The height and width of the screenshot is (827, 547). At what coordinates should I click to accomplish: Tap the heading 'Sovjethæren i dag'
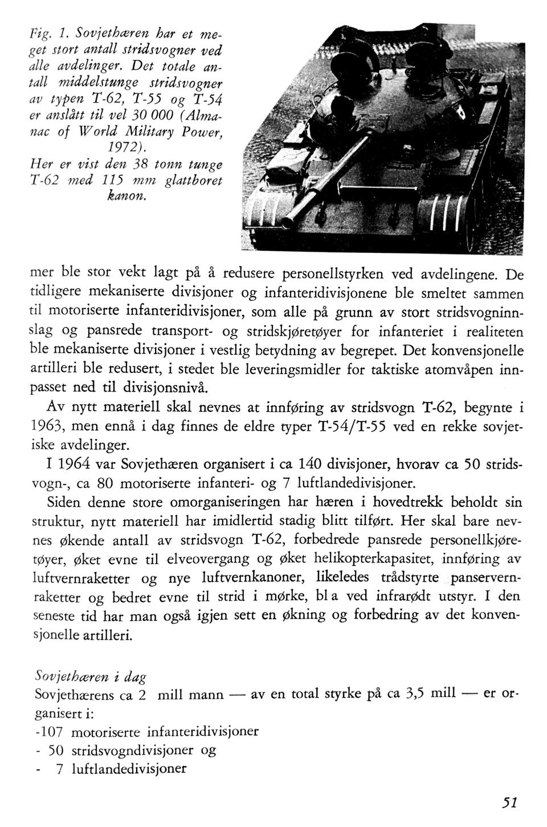click(91, 677)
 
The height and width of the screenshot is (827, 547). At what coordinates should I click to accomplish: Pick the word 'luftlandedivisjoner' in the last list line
click(129, 768)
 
